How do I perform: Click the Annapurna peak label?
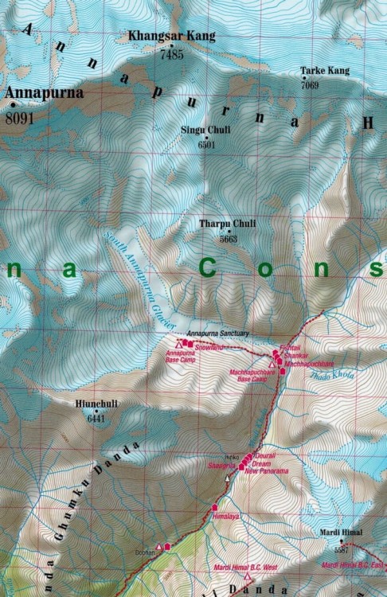(x=43, y=93)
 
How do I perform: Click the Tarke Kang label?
(x=325, y=71)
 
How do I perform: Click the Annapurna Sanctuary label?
(x=217, y=333)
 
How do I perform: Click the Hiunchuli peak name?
(x=97, y=404)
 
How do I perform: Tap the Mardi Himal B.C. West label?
(x=246, y=567)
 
